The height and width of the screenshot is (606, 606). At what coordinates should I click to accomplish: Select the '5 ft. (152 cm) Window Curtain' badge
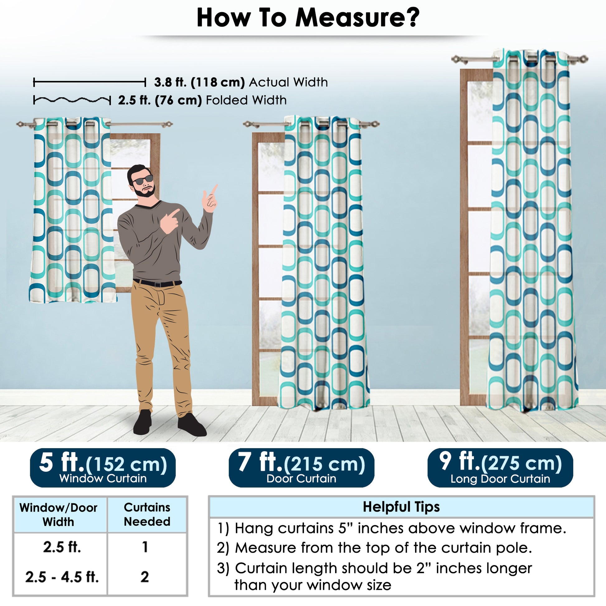(102, 468)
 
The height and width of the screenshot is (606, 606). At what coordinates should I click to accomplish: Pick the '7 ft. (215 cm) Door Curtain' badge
(301, 468)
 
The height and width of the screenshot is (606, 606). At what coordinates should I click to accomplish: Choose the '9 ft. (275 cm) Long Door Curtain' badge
(500, 468)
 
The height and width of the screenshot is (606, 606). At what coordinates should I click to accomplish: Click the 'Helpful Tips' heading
(401, 507)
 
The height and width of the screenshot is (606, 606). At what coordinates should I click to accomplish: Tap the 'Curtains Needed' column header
(147, 514)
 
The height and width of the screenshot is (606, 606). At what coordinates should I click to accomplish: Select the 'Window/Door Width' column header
(58, 515)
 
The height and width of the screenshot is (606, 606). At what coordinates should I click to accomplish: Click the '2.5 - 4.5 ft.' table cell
(62, 577)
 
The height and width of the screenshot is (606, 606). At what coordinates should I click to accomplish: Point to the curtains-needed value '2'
(144, 577)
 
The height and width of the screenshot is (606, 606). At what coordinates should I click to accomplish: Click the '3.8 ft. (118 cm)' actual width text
(199, 82)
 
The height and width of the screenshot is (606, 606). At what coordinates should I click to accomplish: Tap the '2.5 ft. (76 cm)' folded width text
(160, 100)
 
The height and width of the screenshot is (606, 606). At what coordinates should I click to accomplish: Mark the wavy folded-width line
(72, 100)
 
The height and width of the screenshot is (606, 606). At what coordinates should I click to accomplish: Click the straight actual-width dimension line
(89, 83)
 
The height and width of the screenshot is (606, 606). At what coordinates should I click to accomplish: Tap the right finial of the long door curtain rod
(582, 59)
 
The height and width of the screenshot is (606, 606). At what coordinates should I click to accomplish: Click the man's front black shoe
(192, 425)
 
